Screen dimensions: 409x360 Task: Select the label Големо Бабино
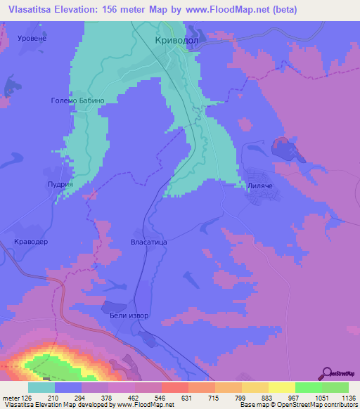point(77,100)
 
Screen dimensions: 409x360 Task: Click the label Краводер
point(30,241)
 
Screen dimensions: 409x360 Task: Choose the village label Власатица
point(148,242)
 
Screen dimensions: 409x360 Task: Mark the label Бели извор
point(129,316)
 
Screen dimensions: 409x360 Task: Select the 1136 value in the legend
point(340,398)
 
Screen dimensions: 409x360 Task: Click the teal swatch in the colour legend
point(41,387)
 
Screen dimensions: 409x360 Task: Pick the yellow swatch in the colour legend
point(281,387)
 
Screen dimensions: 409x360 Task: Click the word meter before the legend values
point(11,398)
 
